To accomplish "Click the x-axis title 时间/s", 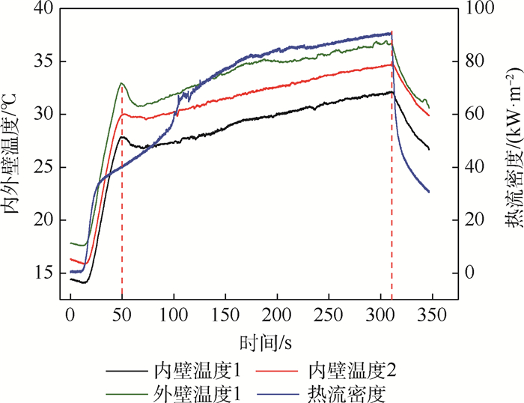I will tap(265, 343).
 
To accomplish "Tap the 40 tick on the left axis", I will tap(43, 8).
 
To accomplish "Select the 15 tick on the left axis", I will tap(43, 273).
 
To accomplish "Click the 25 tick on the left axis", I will tap(43, 167).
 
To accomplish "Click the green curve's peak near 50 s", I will tap(121, 83).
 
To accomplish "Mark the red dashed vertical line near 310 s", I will tap(392, 187).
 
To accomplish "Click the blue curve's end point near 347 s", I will tap(429, 192).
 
